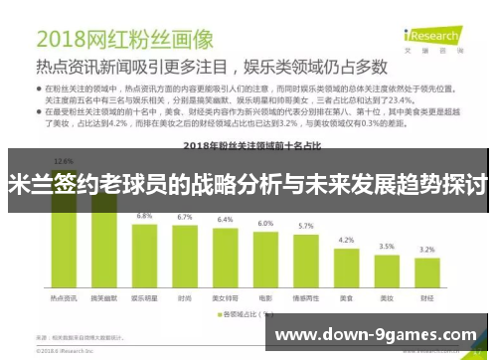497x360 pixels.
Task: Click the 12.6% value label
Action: click(64, 161)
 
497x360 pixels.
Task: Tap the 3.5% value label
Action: click(387, 246)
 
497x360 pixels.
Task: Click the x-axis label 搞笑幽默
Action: click(103, 297)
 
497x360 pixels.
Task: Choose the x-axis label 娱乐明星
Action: click(144, 297)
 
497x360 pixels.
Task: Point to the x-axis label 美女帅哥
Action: click(225, 297)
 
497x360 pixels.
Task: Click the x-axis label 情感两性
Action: click(305, 297)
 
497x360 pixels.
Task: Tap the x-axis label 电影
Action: click(265, 297)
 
